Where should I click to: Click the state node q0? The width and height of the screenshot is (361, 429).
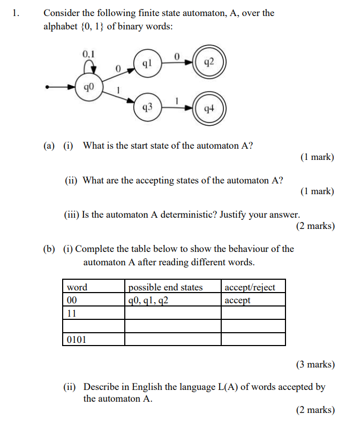(89, 87)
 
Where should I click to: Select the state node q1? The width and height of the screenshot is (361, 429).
(147, 63)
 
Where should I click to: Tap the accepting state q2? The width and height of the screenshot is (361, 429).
(210, 62)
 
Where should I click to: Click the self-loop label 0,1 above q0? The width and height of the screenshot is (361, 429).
(89, 53)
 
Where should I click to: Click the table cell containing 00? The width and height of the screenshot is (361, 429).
(93, 300)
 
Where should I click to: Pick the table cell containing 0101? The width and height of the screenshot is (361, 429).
(93, 339)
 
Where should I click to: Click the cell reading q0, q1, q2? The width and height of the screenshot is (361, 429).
(172, 300)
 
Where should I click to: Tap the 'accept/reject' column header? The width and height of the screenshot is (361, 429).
(250, 287)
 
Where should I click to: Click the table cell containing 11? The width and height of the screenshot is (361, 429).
(93, 313)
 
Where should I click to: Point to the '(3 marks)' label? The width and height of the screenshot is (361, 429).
(315, 364)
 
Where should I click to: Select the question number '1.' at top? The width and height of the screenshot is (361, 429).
(16, 13)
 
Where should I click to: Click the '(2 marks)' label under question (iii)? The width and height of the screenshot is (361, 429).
(315, 226)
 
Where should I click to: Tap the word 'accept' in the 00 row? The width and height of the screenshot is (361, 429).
(237, 300)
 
